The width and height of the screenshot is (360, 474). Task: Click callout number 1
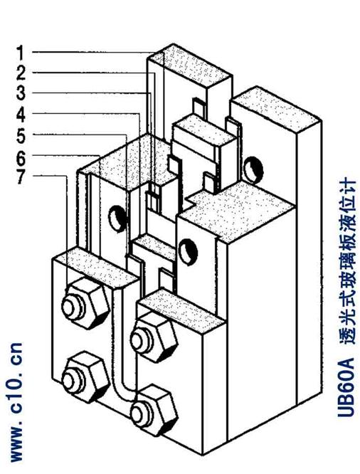coord(20,53)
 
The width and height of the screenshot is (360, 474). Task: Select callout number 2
coord(21,73)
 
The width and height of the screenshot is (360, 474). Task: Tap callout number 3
coord(21,93)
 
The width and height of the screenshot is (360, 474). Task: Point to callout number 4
coord(21,115)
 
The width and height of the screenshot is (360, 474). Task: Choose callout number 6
coord(21,157)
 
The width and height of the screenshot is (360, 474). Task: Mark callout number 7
coord(21,177)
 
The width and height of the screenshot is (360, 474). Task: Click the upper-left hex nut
coord(85,303)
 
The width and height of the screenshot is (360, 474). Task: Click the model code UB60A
coord(346,388)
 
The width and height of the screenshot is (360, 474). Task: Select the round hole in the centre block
coord(188,252)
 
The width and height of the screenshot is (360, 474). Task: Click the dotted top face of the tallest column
coord(191,63)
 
